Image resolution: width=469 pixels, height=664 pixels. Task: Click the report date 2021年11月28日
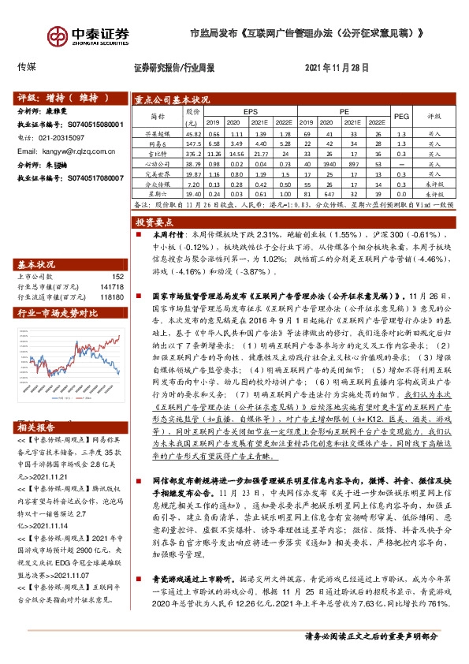tap(336, 68)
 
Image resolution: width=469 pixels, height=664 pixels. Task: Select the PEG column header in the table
tap(400, 115)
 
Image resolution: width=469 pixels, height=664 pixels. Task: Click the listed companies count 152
tap(118, 277)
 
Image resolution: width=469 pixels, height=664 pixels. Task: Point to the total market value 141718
tap(112, 288)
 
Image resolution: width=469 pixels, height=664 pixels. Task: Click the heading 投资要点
tap(155, 221)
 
